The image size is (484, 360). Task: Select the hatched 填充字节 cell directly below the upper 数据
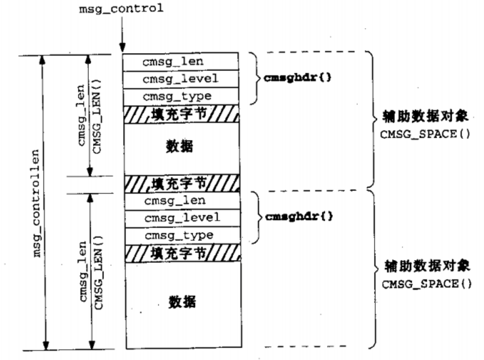click(x=181, y=182)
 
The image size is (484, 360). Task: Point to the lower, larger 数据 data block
click(x=181, y=301)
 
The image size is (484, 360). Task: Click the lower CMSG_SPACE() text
click(x=425, y=283)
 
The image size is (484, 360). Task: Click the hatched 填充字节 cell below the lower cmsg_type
click(x=181, y=252)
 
